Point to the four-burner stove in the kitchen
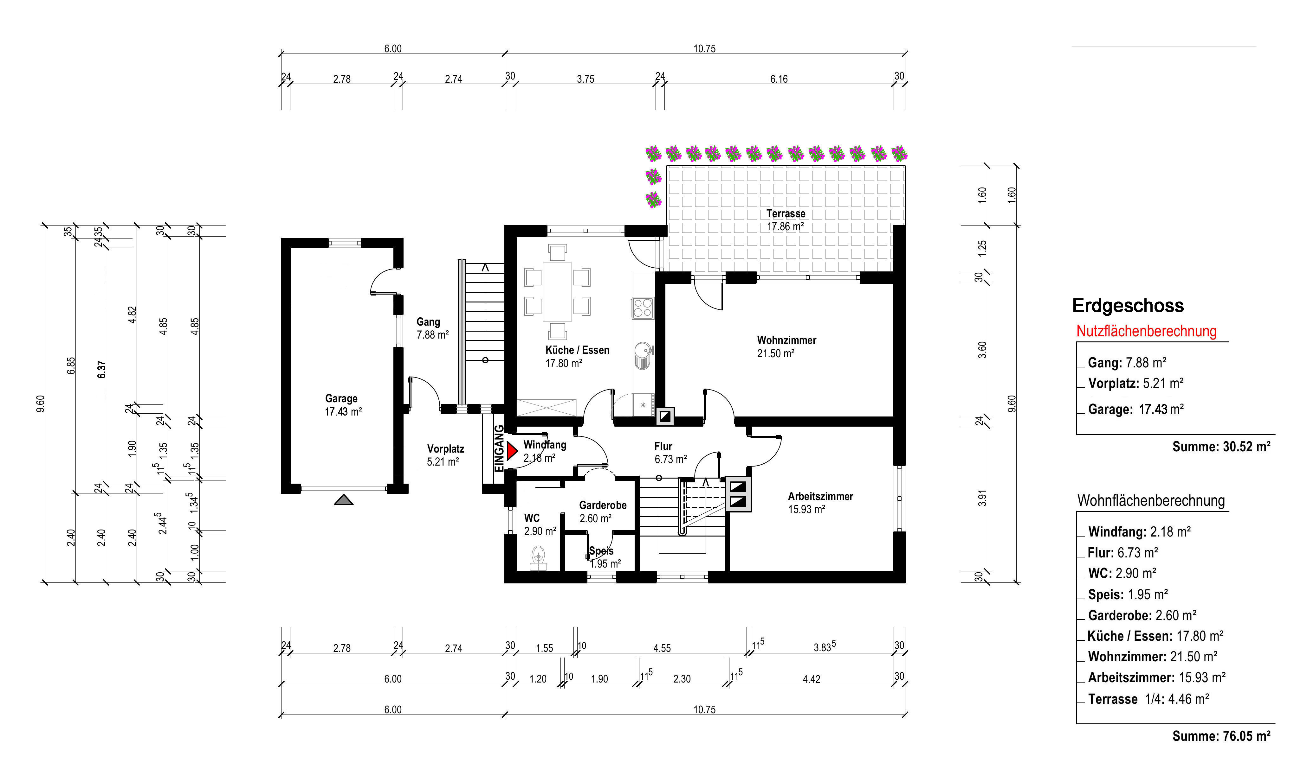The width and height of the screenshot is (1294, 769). point(643,308)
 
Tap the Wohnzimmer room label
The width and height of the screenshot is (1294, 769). point(786,340)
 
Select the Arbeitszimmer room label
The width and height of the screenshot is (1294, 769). point(820,496)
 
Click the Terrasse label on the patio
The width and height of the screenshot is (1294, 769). point(786,213)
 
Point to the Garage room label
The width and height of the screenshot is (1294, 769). point(341,398)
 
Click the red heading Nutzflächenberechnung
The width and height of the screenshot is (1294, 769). point(1146,331)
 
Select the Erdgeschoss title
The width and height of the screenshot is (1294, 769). point(1128,306)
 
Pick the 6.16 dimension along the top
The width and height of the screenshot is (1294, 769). point(779,79)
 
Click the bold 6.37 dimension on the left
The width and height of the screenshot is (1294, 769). point(102,370)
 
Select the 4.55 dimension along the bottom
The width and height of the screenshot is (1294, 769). point(662,648)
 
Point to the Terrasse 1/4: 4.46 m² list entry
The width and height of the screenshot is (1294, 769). point(1148,699)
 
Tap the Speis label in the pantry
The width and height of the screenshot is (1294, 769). point(601,551)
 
